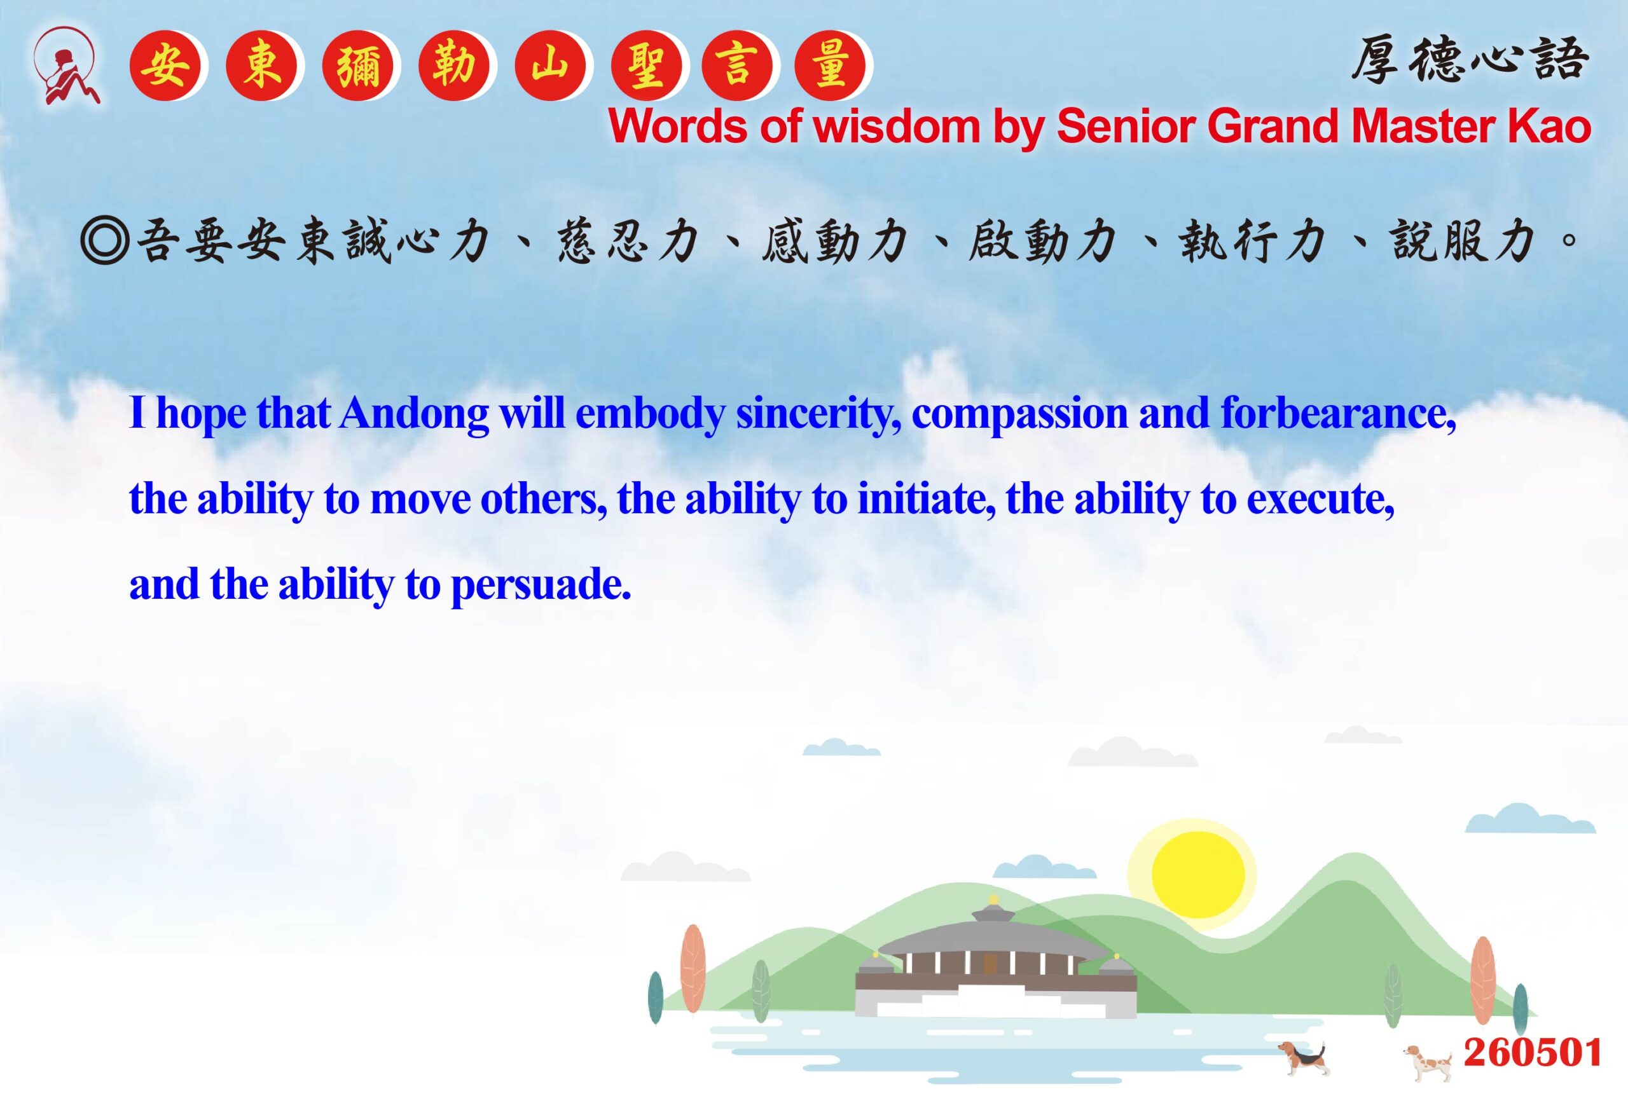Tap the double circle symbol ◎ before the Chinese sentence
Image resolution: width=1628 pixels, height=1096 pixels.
[105, 241]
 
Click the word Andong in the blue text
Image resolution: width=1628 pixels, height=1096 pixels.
[414, 413]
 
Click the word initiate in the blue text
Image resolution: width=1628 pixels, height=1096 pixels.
[926, 499]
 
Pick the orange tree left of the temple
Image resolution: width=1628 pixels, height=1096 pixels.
[693, 968]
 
